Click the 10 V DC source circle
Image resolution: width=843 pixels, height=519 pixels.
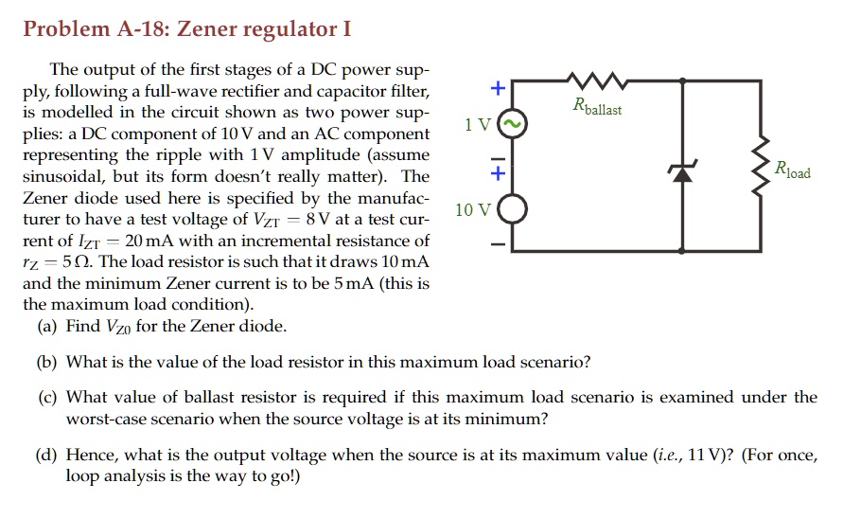point(512,209)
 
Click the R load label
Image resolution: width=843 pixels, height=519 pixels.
point(792,171)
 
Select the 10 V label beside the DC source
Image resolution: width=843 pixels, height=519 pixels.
point(473,209)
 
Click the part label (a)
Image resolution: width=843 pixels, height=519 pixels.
point(47,327)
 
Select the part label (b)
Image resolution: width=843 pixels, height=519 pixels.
point(47,362)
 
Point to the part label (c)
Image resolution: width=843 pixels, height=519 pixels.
point(47,397)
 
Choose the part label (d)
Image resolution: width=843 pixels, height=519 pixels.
point(47,456)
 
